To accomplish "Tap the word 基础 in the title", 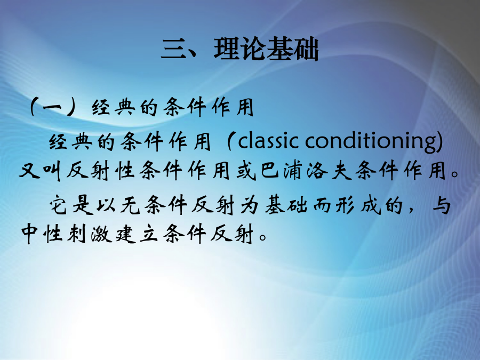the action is [293, 49].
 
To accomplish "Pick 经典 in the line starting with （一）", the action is [113, 107].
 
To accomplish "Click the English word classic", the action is [268, 141].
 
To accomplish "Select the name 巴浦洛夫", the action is [307, 171].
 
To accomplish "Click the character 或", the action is [246, 171].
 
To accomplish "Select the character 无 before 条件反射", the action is [130, 205].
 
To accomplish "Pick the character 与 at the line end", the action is [442, 205].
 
